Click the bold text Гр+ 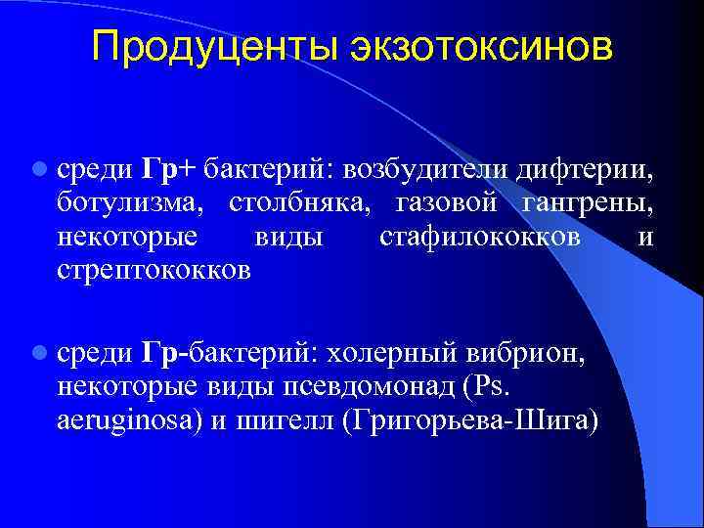(x=169, y=170)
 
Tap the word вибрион (x=523, y=353)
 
